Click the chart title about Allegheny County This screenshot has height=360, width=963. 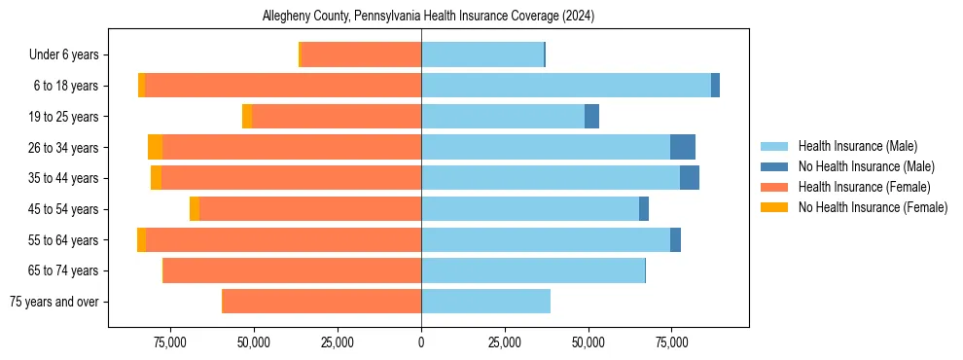tap(428, 17)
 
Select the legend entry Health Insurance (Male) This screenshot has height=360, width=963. tap(857, 146)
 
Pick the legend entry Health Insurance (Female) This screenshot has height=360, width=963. tap(864, 187)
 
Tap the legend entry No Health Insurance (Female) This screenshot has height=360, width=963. tap(873, 207)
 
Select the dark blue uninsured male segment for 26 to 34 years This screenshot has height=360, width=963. tap(683, 147)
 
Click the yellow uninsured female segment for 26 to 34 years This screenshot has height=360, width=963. tap(155, 147)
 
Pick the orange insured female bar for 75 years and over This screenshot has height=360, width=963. tap(322, 302)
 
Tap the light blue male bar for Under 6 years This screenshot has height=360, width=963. tap(482, 54)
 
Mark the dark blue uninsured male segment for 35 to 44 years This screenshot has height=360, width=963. tap(690, 178)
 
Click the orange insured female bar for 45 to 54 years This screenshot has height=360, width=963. tap(310, 208)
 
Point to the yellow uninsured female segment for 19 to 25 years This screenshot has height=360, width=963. tap(247, 117)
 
